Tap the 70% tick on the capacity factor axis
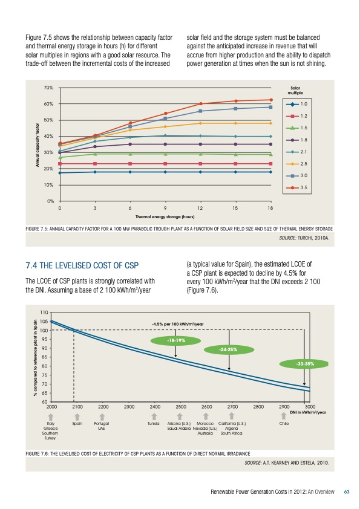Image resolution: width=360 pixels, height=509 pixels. (48, 88)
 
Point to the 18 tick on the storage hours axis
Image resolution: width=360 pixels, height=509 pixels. (271, 208)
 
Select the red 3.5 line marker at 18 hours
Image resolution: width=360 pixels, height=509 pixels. (271, 100)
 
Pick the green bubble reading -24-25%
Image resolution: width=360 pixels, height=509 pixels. (228, 349)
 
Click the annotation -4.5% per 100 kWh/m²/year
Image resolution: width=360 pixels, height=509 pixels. (177, 324)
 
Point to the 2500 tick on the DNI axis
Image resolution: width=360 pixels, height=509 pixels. (180, 407)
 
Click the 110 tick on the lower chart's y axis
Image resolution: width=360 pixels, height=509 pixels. (44, 312)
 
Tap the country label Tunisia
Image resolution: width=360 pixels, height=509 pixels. (153, 424)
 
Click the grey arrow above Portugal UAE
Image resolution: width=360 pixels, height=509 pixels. (102, 416)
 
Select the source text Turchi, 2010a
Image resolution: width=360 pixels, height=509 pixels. (301, 238)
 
